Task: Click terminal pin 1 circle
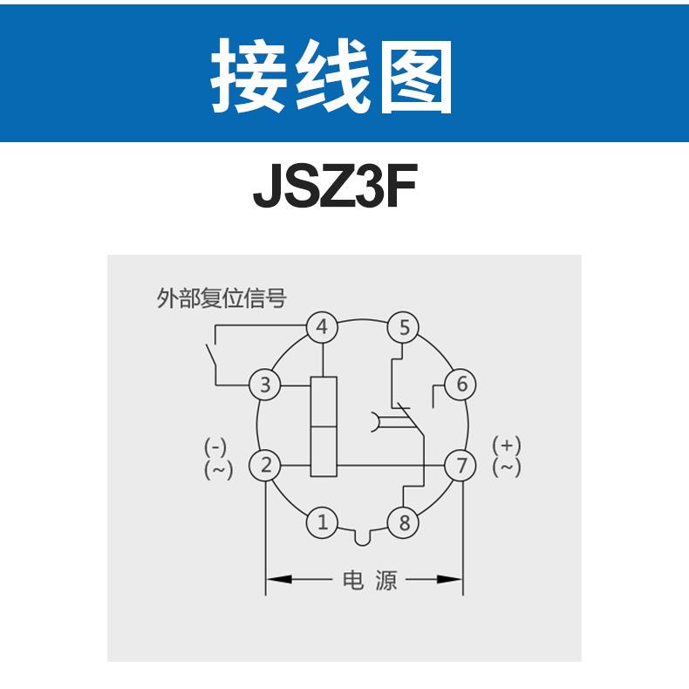(x=323, y=523)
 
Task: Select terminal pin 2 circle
(x=266, y=466)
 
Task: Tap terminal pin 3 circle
(x=266, y=384)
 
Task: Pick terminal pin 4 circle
(x=323, y=327)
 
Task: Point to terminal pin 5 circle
(x=404, y=327)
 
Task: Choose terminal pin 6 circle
(x=461, y=384)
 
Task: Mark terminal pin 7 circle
(x=461, y=466)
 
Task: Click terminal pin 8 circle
(x=404, y=523)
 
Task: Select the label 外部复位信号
(x=221, y=299)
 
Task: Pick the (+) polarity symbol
(x=507, y=446)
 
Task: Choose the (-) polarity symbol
(x=215, y=447)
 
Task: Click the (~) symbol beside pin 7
(x=507, y=467)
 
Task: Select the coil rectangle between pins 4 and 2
(x=324, y=426)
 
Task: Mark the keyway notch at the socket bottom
(x=364, y=536)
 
